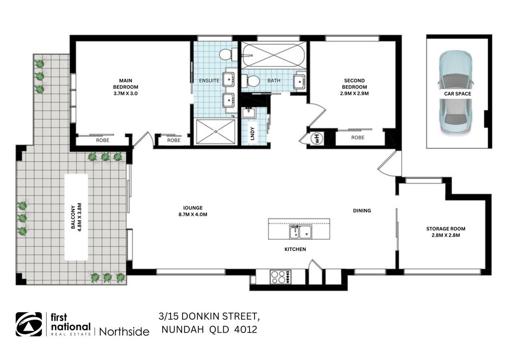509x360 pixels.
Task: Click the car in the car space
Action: click(x=455, y=93)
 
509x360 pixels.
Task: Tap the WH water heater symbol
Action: click(x=315, y=138)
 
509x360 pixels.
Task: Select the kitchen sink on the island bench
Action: click(x=299, y=232)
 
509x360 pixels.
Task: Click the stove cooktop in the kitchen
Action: click(x=281, y=276)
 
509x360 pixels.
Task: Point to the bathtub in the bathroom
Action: click(x=273, y=55)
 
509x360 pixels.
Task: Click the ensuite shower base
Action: click(x=216, y=132)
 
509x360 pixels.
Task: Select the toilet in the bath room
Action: click(x=252, y=81)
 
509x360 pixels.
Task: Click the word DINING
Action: click(x=362, y=210)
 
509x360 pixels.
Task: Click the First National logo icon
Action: click(x=29, y=324)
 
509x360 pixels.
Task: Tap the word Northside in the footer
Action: click(x=124, y=331)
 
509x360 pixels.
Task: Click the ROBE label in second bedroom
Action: click(x=358, y=138)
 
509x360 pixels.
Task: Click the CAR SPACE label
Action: click(x=458, y=93)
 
